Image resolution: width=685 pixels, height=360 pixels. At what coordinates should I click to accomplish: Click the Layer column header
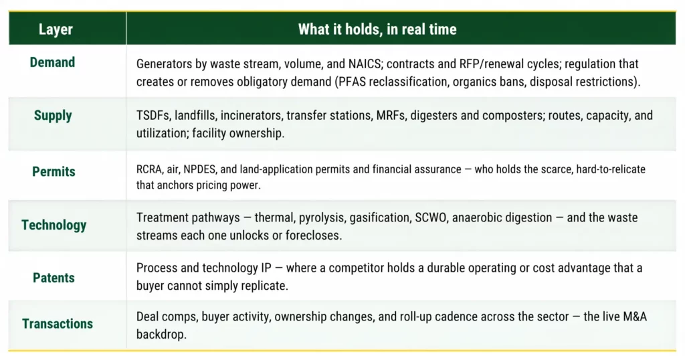point(56,29)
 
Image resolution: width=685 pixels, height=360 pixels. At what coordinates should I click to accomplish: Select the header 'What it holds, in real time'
point(377,29)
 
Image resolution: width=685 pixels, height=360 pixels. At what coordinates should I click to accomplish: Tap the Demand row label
point(52,62)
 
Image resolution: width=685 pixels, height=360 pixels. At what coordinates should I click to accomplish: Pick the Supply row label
point(53,116)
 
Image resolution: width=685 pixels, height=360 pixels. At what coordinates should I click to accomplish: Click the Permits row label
point(54,172)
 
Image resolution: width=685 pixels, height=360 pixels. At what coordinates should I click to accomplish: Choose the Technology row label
point(54,225)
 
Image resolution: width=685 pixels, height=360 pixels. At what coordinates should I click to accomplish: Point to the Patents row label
point(54,278)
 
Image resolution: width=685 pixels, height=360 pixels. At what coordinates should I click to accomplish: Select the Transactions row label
point(58,324)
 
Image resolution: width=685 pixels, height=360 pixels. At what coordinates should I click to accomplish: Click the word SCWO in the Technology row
point(430,217)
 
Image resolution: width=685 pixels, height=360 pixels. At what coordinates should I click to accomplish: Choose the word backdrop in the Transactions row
point(161,335)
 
